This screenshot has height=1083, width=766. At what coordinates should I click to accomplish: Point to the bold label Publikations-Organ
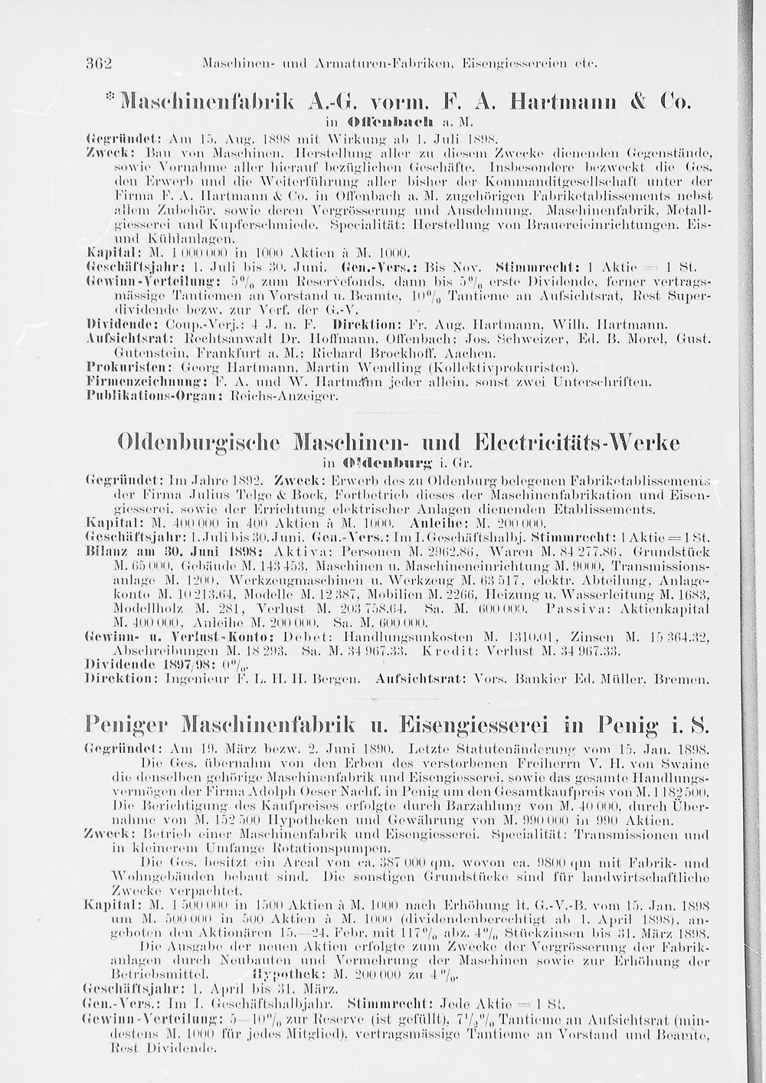[146, 393]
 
